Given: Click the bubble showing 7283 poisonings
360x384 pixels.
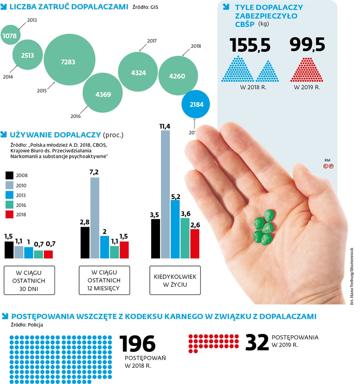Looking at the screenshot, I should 69,62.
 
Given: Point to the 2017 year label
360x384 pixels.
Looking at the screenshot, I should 151,41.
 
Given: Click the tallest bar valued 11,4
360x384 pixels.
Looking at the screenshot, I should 165,194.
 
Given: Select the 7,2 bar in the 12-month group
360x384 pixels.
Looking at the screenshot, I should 95,218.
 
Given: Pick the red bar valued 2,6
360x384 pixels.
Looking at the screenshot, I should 195,244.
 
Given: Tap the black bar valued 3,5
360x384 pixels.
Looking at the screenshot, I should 156,238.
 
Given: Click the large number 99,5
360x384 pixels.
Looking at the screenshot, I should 307,45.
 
